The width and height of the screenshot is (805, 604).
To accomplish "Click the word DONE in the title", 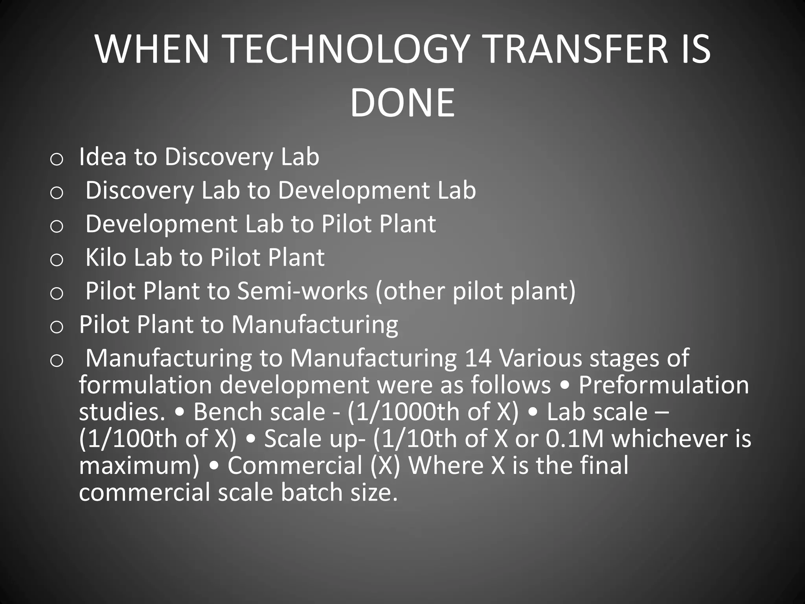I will pyautogui.click(x=402, y=103).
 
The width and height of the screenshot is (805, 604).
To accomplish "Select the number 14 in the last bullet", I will pyautogui.click(x=478, y=358).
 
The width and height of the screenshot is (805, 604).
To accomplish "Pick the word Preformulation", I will pyautogui.click(x=663, y=385).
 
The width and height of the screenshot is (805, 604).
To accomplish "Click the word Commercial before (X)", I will pyautogui.click(x=295, y=466).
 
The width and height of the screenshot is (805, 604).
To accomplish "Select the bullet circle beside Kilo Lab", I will pyautogui.click(x=57, y=260).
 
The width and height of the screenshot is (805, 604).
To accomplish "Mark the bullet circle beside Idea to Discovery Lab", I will pyautogui.click(x=57, y=159).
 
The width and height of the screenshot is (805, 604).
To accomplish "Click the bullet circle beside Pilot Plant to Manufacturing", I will pyautogui.click(x=57, y=327).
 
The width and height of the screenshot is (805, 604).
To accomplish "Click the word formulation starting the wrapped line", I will pyautogui.click(x=145, y=385).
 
